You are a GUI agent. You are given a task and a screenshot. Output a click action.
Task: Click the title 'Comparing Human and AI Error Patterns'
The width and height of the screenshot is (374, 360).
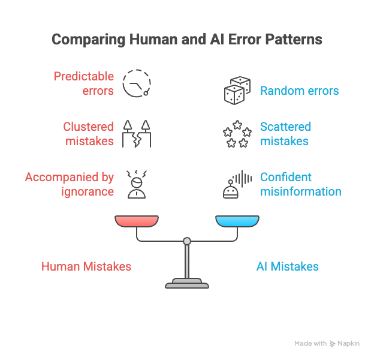[187, 40]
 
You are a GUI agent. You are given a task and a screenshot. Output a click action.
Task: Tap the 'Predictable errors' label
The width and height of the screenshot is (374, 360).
[84, 83]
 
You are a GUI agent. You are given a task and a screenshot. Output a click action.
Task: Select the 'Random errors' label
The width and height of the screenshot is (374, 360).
[299, 91]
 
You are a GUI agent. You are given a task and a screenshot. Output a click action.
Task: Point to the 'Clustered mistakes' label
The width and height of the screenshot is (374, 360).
[88, 134]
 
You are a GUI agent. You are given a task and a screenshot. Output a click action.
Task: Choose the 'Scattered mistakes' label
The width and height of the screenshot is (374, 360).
[285, 134]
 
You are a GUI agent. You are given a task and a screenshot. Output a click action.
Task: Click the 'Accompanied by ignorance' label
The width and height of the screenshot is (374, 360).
[70, 184]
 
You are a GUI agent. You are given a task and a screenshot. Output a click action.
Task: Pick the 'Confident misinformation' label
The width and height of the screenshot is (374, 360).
[300, 184]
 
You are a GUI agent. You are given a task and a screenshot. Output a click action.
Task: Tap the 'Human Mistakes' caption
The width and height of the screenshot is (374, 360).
[86, 266]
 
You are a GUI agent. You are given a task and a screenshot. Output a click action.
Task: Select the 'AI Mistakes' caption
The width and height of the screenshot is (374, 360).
[287, 266]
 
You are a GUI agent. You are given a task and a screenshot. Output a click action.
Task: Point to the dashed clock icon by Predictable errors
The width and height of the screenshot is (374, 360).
[136, 83]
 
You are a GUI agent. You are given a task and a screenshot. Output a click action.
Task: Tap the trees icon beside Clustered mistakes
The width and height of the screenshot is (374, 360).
[136, 134]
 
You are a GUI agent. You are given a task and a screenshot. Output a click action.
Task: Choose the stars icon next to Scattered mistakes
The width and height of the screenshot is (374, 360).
[236, 134]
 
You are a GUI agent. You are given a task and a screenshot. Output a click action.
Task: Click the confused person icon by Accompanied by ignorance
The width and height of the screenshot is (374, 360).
[136, 184]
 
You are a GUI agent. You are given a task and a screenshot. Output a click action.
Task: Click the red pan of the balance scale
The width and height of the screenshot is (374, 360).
[137, 221]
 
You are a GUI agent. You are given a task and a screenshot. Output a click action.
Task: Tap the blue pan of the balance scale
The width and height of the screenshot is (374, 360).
[237, 221]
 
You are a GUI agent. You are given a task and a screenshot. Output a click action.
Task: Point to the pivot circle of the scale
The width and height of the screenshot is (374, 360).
[187, 241]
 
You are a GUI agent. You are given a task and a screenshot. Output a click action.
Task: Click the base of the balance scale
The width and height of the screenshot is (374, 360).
[187, 283]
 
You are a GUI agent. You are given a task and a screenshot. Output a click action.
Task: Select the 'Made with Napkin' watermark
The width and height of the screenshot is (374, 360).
[327, 344]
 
